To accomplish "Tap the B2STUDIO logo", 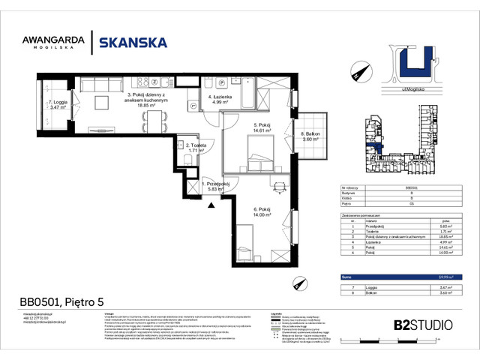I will (422, 325).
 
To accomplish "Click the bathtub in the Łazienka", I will (265, 97).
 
